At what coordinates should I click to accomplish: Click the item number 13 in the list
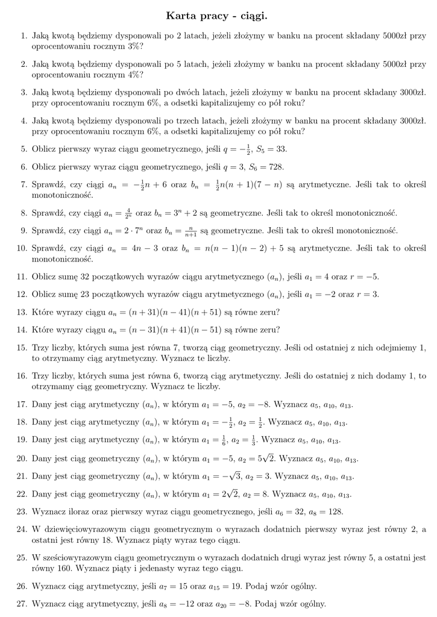(x=22, y=312)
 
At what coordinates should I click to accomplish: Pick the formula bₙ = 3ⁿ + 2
(x=177, y=213)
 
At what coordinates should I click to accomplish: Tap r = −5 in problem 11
(x=363, y=277)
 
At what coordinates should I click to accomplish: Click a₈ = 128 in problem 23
(x=325, y=512)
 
